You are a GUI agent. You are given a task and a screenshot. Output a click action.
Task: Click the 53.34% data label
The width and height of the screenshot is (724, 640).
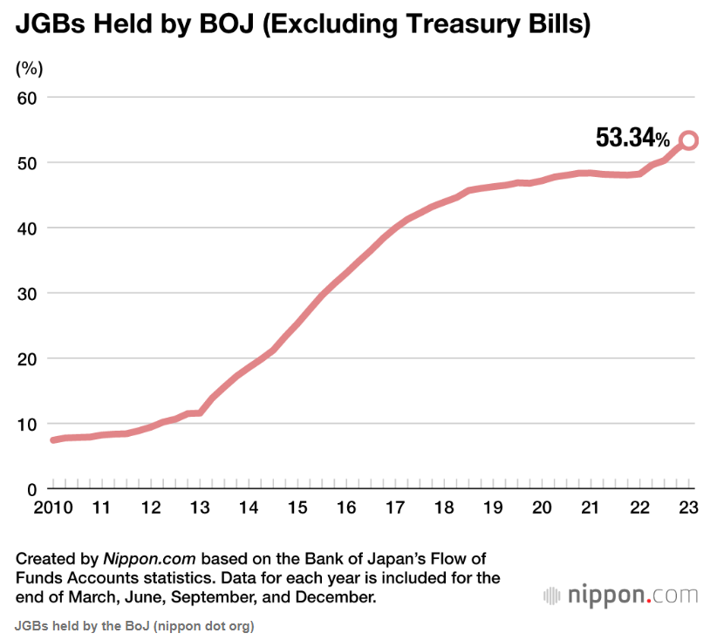coord(632,138)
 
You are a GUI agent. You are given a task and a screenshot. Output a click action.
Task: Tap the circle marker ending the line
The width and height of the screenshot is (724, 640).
coord(688,140)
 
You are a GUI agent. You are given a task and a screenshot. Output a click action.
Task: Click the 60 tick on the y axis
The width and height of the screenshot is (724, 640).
coord(30,98)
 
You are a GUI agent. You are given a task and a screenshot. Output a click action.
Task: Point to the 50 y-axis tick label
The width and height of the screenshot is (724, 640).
coord(30,163)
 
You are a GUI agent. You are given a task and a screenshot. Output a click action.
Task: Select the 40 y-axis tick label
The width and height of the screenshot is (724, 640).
coord(30,228)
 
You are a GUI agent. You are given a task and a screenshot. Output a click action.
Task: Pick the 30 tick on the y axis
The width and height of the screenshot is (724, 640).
coord(30,294)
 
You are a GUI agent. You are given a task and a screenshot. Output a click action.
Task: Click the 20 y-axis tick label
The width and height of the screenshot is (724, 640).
coord(30,358)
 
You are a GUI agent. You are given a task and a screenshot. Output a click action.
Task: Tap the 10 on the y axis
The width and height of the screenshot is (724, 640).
coord(30,424)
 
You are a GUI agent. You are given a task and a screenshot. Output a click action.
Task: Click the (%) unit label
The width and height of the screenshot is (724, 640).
coord(30,67)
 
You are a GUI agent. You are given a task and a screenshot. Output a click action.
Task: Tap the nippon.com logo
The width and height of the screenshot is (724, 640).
coord(620,596)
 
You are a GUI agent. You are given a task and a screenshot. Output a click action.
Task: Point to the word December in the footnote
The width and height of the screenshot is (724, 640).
coord(335,598)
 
